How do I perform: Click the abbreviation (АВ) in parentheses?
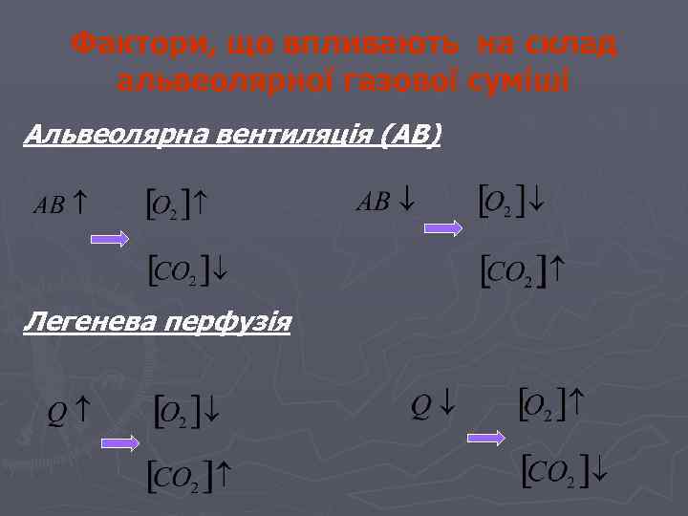click(411, 136)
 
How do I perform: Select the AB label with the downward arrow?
click(387, 203)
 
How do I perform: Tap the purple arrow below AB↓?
click(443, 228)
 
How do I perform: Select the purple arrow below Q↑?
click(121, 442)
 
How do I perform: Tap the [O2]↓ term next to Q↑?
click(187, 411)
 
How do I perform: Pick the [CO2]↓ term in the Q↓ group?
click(566, 469)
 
